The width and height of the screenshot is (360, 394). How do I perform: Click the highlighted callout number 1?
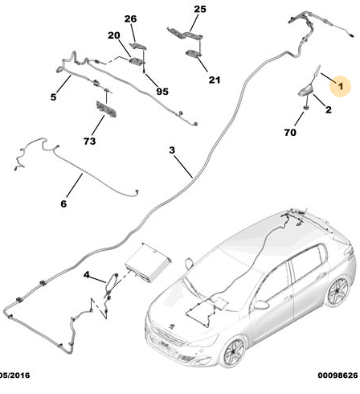tap(341, 86)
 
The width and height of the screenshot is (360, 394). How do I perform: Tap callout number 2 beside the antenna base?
tap(329, 109)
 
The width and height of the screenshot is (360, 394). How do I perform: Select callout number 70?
tap(290, 132)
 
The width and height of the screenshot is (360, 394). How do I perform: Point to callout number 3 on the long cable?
tap(172, 150)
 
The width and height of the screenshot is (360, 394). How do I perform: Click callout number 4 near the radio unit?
tap(86, 275)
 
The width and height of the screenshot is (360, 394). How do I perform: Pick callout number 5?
tap(53, 96)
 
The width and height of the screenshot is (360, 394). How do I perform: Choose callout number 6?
tap(63, 203)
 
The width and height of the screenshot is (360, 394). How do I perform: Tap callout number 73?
tap(89, 141)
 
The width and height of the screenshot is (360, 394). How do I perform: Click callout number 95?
tap(162, 92)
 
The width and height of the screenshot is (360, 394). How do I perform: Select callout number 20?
tap(114, 35)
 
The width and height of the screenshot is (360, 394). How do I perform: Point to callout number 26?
tap(130, 18)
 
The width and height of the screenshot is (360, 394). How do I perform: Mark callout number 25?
tap(200, 9)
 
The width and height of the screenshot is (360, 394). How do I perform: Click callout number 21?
tap(215, 80)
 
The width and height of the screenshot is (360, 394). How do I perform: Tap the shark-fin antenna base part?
tap(305, 91)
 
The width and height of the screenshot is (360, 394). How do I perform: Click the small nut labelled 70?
tap(305, 108)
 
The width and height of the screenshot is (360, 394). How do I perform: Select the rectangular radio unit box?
tap(148, 262)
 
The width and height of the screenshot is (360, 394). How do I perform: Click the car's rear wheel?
tap(338, 292)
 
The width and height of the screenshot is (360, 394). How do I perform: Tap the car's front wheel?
tap(235, 352)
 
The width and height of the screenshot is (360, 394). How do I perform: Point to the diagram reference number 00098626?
tap(337, 376)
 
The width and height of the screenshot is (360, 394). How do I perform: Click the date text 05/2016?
tap(15, 376)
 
